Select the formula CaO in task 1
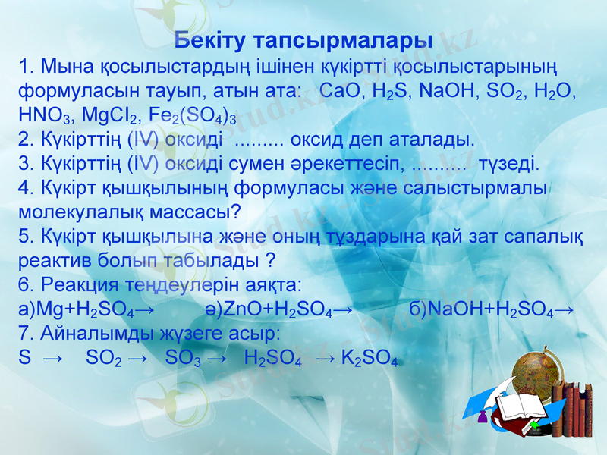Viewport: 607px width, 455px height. (x=341, y=91)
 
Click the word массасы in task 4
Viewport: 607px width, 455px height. (x=193, y=211)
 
